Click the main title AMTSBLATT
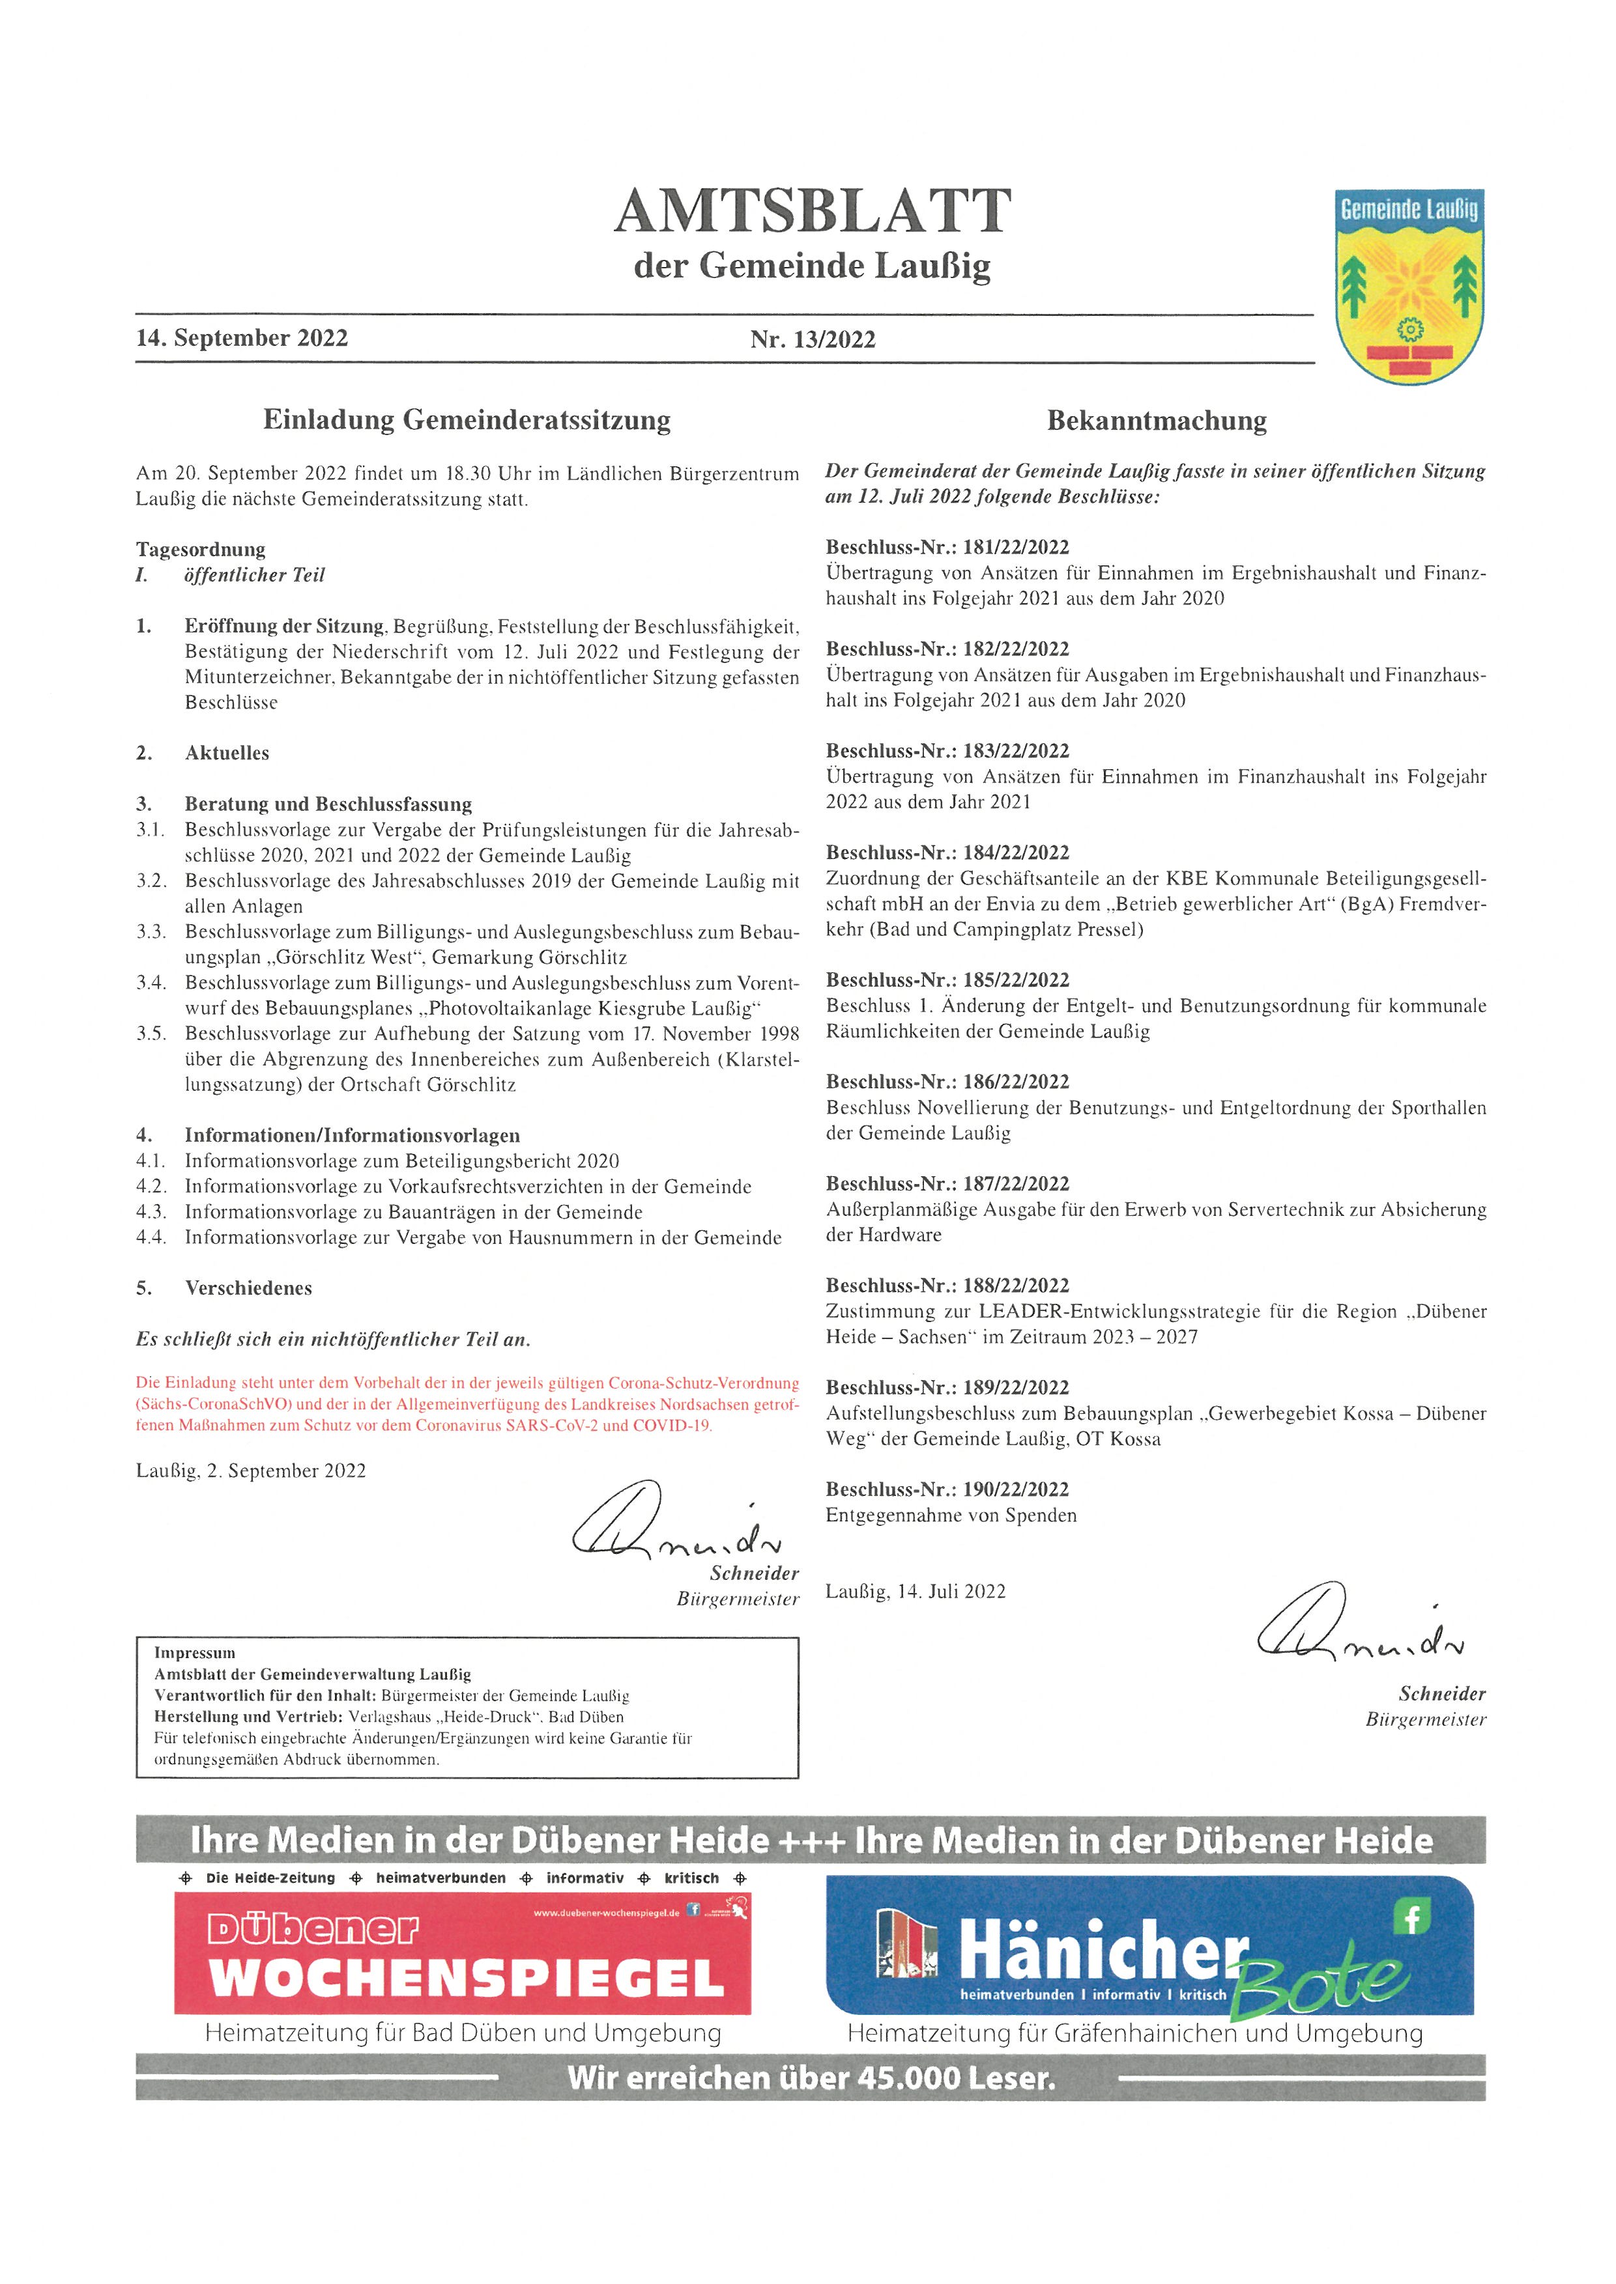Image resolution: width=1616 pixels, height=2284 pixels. tap(813, 211)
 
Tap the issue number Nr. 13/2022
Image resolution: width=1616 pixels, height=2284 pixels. tap(813, 340)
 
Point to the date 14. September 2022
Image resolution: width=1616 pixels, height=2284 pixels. tap(242, 338)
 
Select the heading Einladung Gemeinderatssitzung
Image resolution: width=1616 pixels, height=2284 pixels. tap(466, 420)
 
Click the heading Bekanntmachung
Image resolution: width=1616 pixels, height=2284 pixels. tap(1156, 421)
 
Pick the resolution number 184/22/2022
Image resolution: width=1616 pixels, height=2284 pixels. tap(1015, 853)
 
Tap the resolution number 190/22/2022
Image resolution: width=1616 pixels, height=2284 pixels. tap(1015, 1489)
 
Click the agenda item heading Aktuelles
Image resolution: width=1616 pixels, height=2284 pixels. tap(227, 753)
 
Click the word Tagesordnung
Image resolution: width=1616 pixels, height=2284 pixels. tap(201, 549)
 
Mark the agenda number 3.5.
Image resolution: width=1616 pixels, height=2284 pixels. tap(151, 1034)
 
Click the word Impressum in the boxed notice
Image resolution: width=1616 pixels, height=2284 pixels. tap(195, 1652)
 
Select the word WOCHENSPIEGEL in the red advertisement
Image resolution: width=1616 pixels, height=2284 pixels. tap(466, 1978)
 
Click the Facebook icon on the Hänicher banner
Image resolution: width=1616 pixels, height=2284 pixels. tap(1411, 1917)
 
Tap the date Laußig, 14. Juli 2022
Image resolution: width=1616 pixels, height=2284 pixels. tap(916, 1592)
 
